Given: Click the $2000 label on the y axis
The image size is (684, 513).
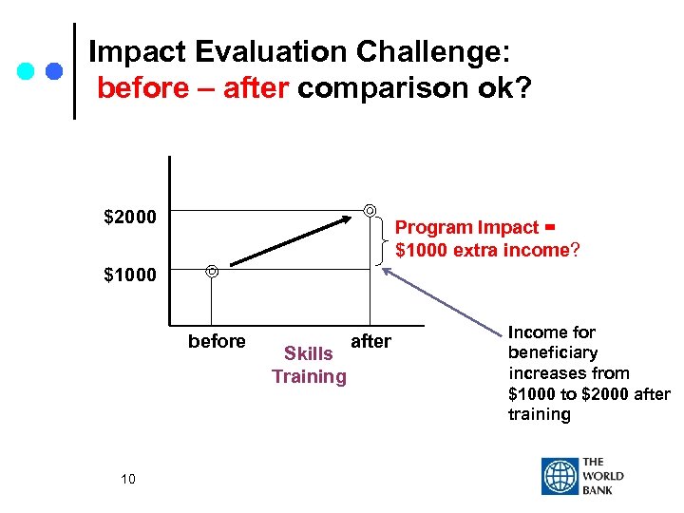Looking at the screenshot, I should coord(129,218).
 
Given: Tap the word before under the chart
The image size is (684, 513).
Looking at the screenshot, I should coord(217,341).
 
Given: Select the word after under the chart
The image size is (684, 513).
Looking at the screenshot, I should coord(370,341).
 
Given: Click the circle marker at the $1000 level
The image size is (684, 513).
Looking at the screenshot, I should coord(212,272).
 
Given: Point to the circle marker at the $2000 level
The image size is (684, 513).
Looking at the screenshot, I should coord(370,210).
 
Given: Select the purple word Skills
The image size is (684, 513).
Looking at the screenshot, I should coord(309,354).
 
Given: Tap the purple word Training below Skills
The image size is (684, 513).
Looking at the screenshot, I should coord(309,376).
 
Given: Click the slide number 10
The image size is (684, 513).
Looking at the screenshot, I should coord(128,479).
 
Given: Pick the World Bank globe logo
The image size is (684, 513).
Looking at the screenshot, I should coord(560,476).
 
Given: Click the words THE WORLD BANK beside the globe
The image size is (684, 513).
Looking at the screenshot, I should coord(604,476).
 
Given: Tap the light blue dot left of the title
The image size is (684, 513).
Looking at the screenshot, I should coord(27,72).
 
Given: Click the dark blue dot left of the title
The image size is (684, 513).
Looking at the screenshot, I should coord(54,72).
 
